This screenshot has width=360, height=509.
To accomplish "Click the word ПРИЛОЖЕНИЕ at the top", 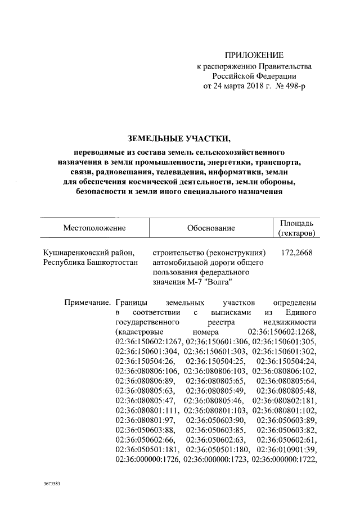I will point(254,55).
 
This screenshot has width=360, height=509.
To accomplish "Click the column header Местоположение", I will point(94,228).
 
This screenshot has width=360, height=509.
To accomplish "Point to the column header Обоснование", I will point(210,228).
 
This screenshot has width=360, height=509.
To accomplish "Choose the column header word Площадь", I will point(296,223).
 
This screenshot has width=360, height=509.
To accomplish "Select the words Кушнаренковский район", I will point(89,253).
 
